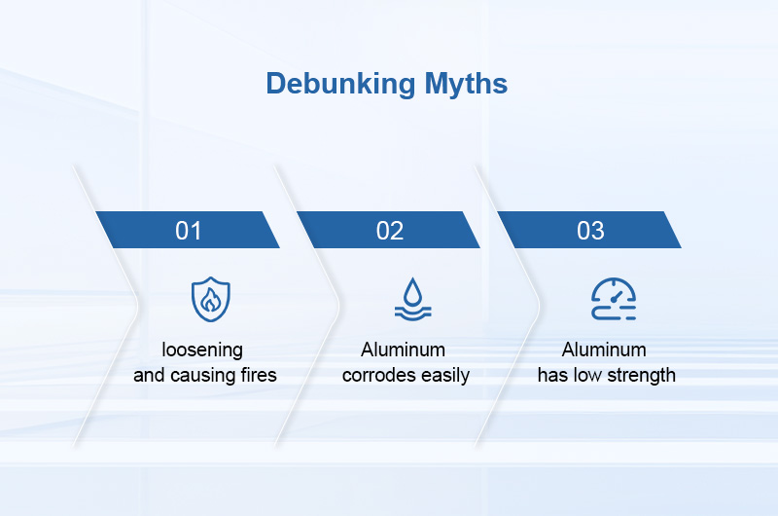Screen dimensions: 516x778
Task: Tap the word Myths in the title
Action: (465, 84)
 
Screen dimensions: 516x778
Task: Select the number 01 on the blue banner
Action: (189, 231)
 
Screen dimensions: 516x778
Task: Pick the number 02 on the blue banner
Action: (390, 231)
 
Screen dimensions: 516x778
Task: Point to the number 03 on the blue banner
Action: (590, 231)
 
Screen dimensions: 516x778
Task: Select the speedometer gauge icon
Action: (614, 299)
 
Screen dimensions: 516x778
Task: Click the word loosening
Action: (202, 350)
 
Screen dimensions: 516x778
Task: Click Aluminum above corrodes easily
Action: (403, 350)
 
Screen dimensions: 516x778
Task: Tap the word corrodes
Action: (381, 375)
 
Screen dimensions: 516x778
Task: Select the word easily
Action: (447, 375)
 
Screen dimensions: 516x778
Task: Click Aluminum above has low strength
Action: (604, 350)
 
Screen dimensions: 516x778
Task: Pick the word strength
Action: (642, 375)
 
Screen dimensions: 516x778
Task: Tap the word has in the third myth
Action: (553, 375)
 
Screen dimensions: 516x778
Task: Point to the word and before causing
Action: (149, 375)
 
